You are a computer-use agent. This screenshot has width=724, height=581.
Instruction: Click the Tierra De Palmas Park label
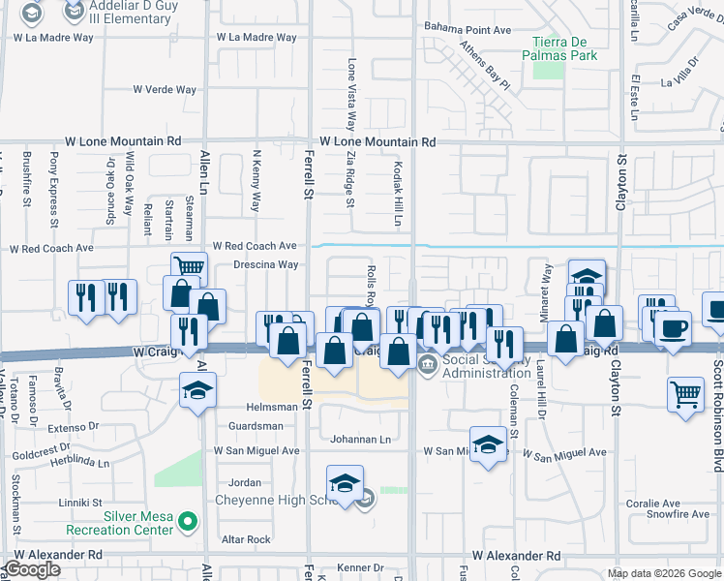pyautogui.click(x=564, y=47)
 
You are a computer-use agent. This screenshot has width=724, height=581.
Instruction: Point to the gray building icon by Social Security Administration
pyautogui.click(x=427, y=363)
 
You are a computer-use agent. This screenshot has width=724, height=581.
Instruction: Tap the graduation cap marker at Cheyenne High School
pyautogui.click(x=344, y=483)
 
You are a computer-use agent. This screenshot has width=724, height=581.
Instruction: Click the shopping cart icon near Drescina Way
pyautogui.click(x=190, y=267)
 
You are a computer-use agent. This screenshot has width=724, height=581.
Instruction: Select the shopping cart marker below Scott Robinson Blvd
pyautogui.click(x=685, y=393)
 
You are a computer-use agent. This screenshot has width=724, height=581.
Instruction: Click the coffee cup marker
pyautogui.click(x=673, y=328)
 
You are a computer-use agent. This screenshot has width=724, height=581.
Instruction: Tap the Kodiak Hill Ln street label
pyautogui.click(x=397, y=195)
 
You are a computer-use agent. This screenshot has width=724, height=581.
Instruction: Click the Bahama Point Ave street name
pyautogui.click(x=468, y=30)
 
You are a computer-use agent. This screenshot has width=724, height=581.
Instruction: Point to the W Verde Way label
pyautogui.click(x=166, y=89)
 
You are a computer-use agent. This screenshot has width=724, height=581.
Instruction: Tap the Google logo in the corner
pyautogui.click(x=32, y=569)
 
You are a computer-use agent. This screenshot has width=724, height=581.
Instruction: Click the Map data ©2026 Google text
pyautogui.click(x=663, y=573)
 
